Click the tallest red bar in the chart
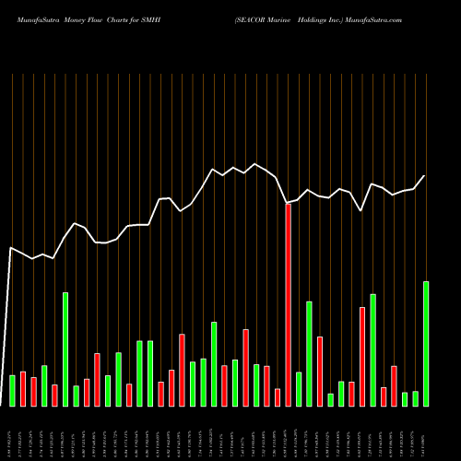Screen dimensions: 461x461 (x=288, y=304)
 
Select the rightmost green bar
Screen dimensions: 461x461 (x=426, y=343)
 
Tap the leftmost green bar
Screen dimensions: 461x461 (x=12, y=390)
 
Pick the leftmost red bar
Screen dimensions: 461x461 (x=23, y=388)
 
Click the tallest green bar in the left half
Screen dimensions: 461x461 (x=65, y=349)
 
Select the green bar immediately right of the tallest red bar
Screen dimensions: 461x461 (x=299, y=388)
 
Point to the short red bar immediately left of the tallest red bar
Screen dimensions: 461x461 (x=278, y=397)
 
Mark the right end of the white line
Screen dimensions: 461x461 (x=425, y=175)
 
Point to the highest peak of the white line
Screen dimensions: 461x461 (x=255, y=164)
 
